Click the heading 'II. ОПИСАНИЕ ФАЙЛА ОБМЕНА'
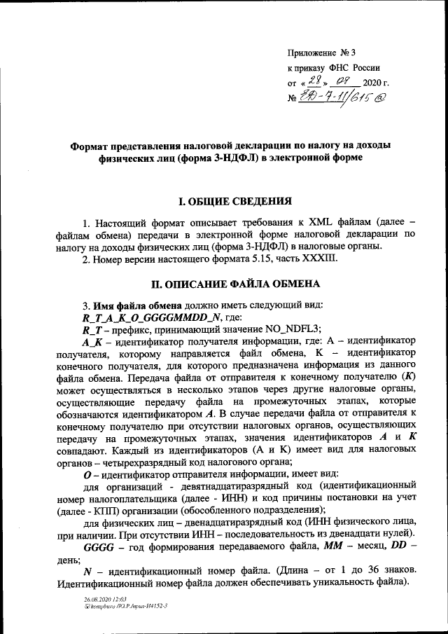(235, 284)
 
